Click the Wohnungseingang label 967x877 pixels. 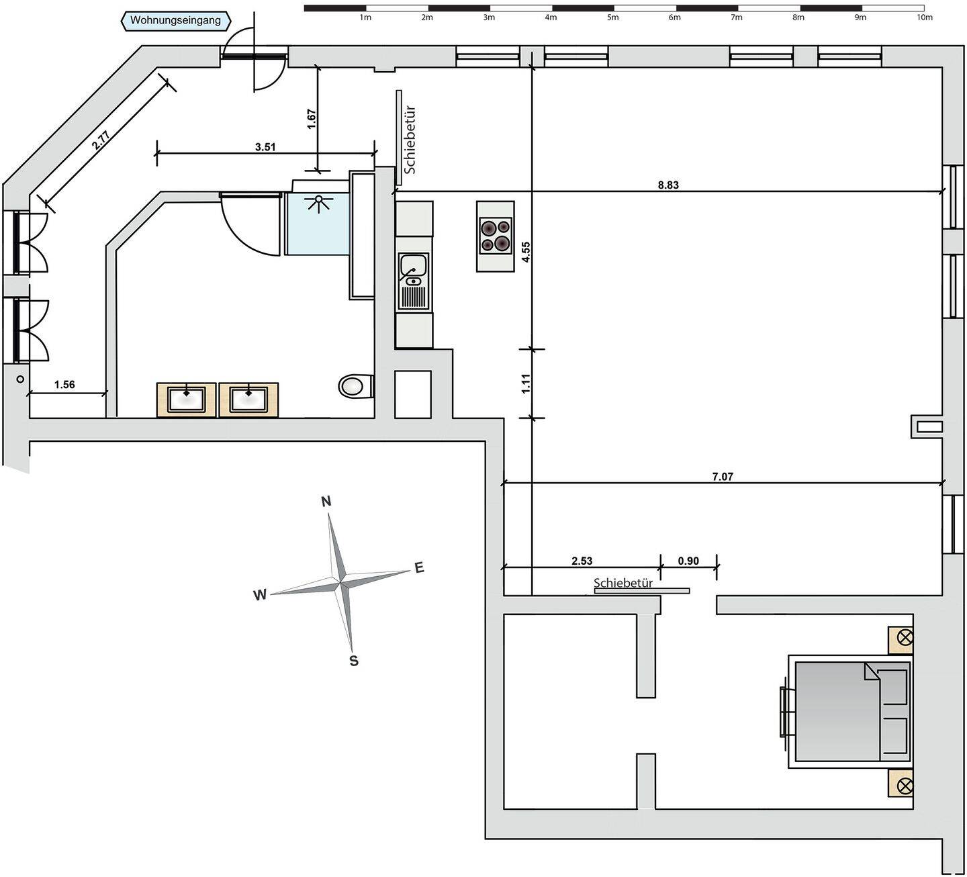tap(175, 21)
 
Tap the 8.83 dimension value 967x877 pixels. tap(668, 185)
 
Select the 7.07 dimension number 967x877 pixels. tap(723, 477)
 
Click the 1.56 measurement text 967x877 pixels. tap(64, 384)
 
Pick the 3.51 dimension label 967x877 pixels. tap(265, 147)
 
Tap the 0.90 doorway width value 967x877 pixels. tap(688, 561)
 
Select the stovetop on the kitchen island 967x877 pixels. tap(496, 235)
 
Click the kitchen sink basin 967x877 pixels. tap(414, 265)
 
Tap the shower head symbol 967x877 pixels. tap(318, 202)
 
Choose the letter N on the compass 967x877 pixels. tap(326, 502)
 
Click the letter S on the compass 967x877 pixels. tap(354, 661)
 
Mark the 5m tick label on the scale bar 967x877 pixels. tap(612, 18)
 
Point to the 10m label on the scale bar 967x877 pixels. tap(924, 18)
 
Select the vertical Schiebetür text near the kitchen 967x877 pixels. tap(410, 140)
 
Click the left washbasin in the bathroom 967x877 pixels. tap(187, 400)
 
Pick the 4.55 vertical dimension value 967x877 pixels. tap(526, 252)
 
